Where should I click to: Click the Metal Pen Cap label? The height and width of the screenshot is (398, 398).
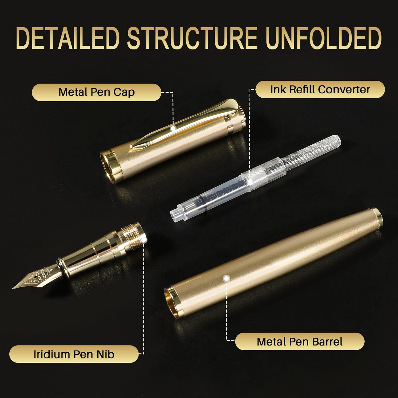click(97, 92)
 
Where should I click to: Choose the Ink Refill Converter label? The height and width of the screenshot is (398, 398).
click(320, 89)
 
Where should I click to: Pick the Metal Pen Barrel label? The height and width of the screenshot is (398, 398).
click(300, 341)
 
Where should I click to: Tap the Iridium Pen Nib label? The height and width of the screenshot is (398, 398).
click(74, 354)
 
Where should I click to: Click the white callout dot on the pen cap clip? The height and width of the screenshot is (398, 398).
click(173, 128)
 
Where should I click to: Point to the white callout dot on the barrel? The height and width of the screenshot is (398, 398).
click(226, 278)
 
